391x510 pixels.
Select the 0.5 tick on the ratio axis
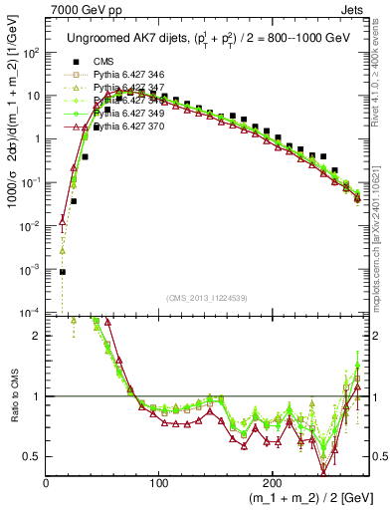click(x=32, y=456)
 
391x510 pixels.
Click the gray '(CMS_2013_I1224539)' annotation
click(x=206, y=299)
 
